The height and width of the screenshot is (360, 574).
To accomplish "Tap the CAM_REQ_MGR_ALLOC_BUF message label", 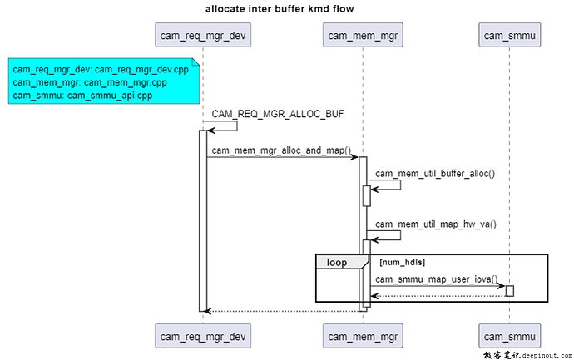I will coord(277,114).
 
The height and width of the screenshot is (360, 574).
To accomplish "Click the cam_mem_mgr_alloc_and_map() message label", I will coord(281,150).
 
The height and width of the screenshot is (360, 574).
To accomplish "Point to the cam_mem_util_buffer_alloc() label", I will coord(434,174).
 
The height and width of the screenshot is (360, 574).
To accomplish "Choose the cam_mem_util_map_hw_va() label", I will coord(435,224).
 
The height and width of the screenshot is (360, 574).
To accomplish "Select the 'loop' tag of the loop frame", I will coord(338,262).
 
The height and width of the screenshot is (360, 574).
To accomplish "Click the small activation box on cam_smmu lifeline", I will coord(509,290).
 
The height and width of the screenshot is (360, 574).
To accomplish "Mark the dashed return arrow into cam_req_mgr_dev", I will coord(283,311).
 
